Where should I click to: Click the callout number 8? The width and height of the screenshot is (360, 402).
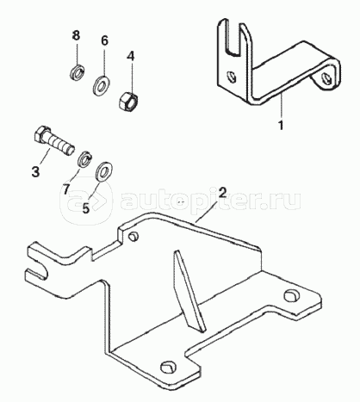76,35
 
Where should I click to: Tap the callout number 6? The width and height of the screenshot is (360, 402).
105,40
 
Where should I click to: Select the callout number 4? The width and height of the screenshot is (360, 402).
131,56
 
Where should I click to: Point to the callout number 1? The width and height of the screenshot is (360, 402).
281,125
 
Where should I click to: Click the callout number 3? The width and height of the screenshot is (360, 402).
35,172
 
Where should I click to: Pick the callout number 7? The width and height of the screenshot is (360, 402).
66,189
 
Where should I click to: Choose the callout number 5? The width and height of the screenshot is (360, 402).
86,208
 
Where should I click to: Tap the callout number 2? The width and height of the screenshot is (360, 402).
223,192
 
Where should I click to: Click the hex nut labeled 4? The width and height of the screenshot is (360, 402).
128,100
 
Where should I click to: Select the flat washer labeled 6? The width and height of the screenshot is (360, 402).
101,85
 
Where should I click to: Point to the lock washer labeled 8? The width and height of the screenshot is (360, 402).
77,72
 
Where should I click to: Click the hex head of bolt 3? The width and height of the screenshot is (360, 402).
42,133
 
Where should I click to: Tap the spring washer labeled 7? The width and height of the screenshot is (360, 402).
85,158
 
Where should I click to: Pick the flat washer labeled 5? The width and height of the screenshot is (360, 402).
104,171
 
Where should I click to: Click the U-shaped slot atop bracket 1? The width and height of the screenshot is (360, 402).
235,37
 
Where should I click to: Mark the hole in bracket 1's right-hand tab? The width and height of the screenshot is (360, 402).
326,78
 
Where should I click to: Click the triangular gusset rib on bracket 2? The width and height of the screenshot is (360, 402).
189,291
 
